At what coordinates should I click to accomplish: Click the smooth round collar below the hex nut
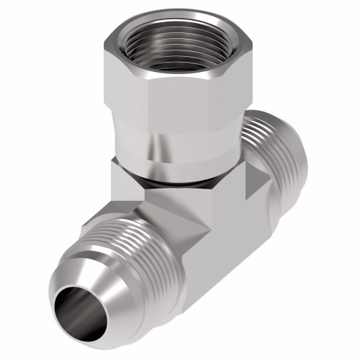169,155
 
